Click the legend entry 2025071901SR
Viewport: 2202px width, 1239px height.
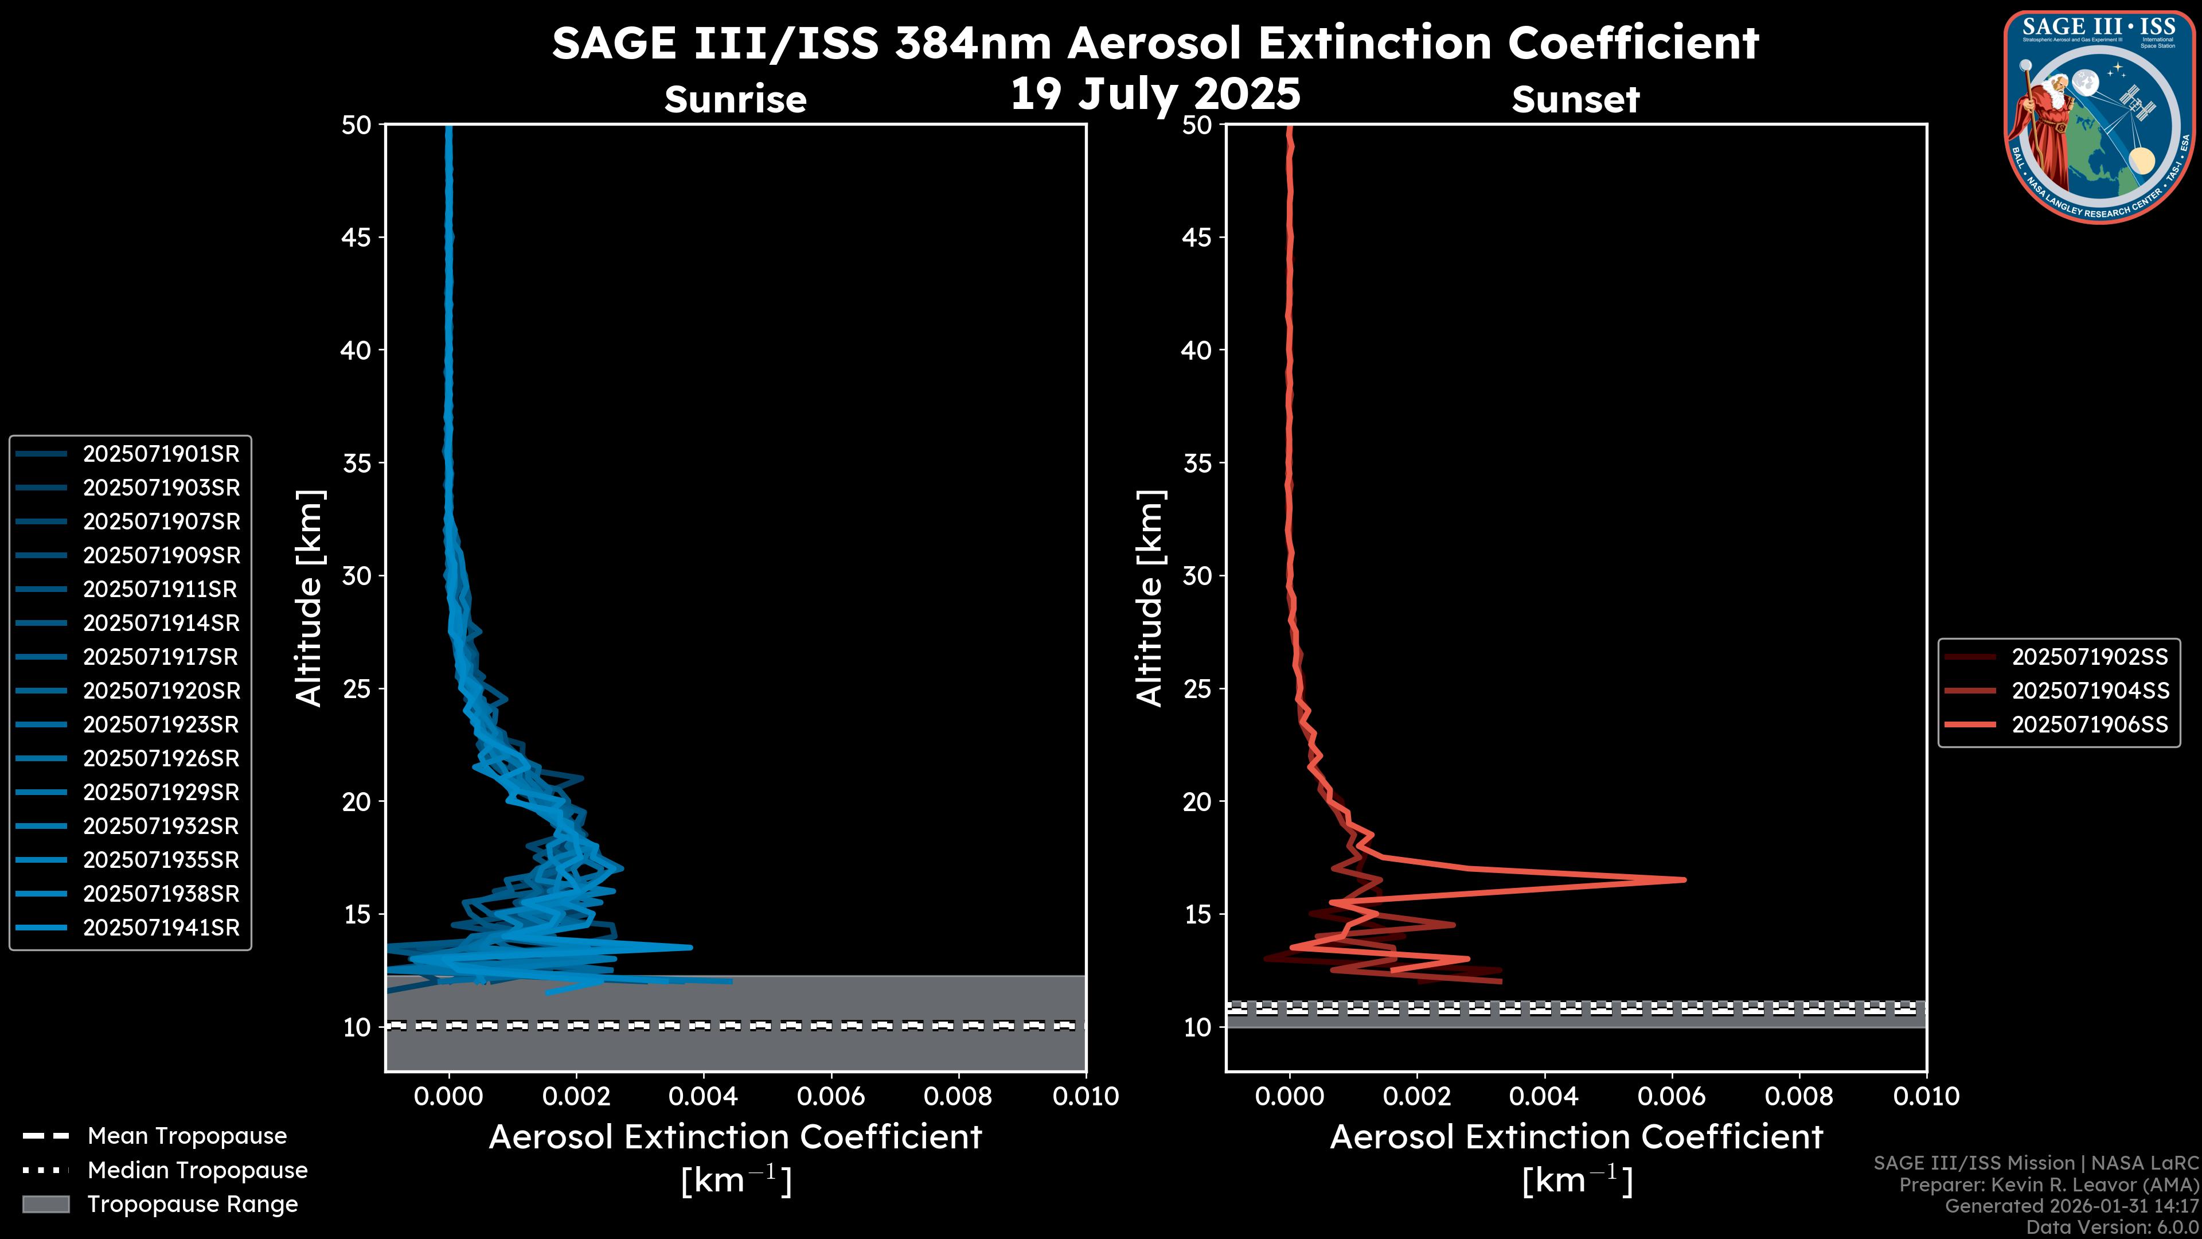pos(161,454)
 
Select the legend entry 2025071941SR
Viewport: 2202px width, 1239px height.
pos(161,928)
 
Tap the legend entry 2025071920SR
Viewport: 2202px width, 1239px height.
pos(161,691)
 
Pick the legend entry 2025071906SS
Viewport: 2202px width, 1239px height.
pos(2089,725)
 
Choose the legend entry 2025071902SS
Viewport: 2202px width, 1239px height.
pos(2089,657)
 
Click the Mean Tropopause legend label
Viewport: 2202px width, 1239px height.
pos(187,1136)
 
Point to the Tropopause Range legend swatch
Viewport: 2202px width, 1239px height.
pos(45,1204)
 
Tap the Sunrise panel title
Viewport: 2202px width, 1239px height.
pos(735,99)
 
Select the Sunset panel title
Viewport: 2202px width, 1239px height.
pos(1575,99)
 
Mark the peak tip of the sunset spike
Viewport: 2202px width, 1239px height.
pos(1684,879)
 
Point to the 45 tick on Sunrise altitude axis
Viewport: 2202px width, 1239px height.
pos(357,237)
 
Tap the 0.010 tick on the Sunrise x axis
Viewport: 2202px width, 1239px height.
pos(1086,1096)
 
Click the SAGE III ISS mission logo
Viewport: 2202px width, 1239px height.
pos(2099,117)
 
